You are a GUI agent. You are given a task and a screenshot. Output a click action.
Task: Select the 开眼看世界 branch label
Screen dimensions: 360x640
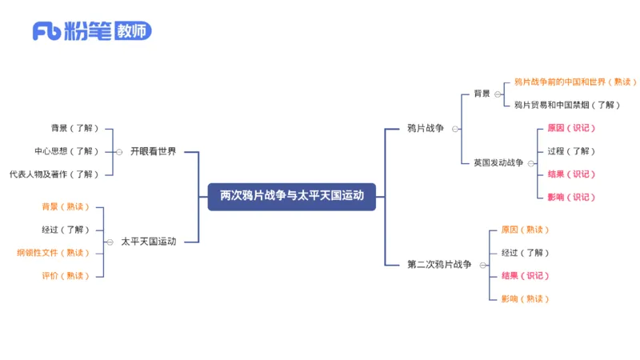coord(153,151)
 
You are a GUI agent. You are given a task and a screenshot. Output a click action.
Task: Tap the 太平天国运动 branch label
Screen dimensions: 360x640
coord(148,241)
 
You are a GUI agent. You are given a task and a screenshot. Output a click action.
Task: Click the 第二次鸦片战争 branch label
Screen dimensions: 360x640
coord(439,264)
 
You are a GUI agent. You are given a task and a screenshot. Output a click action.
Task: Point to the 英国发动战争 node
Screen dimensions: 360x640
coord(498,162)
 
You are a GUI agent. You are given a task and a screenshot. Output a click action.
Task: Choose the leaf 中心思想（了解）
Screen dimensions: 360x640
coord(66,151)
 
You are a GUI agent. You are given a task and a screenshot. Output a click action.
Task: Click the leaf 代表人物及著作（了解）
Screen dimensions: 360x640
coord(54,174)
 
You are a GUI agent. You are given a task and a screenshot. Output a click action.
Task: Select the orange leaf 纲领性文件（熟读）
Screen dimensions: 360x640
coord(54,253)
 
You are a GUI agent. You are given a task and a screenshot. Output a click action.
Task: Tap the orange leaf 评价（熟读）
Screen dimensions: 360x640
coord(66,276)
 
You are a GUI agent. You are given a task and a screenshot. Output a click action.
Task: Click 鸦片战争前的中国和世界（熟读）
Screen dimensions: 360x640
coord(575,82)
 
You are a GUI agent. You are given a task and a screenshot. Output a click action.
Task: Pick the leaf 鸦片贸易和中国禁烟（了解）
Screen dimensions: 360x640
coord(566,105)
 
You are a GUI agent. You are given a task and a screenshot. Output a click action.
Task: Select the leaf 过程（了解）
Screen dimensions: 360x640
coord(571,151)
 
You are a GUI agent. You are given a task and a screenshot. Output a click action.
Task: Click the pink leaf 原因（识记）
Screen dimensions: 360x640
coord(571,128)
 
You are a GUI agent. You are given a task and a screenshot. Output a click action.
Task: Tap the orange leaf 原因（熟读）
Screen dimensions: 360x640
coord(525,230)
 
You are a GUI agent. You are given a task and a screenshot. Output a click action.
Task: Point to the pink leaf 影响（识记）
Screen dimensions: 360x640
coord(571,197)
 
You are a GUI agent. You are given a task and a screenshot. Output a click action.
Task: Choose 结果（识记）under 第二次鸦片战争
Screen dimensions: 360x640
coord(525,276)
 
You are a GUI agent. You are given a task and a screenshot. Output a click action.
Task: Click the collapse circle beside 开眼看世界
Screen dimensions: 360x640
coord(119,151)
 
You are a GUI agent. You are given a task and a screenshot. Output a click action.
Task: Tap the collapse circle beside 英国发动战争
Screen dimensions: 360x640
coord(530,162)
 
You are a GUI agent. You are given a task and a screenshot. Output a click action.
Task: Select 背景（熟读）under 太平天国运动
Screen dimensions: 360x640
coord(66,207)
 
